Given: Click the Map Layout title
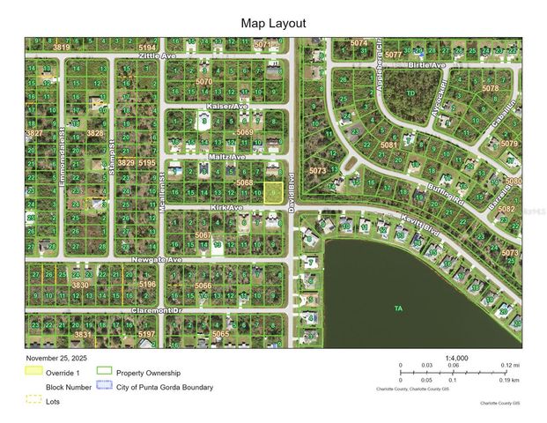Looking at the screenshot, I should coord(273,24).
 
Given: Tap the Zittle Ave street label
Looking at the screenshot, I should coord(158,55).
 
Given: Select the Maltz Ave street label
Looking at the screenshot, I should coord(227,157).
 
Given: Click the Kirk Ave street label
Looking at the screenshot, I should coord(226,208).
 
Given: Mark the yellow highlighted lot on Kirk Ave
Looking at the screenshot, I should coord(275,193).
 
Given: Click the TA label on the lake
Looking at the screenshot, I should coord(398,308).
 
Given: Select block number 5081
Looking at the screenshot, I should coord(388,145).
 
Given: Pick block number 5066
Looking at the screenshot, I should coord(203,286).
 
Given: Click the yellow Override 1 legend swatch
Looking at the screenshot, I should coord(33,371).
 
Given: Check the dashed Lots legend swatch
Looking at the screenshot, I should coord(33,399).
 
